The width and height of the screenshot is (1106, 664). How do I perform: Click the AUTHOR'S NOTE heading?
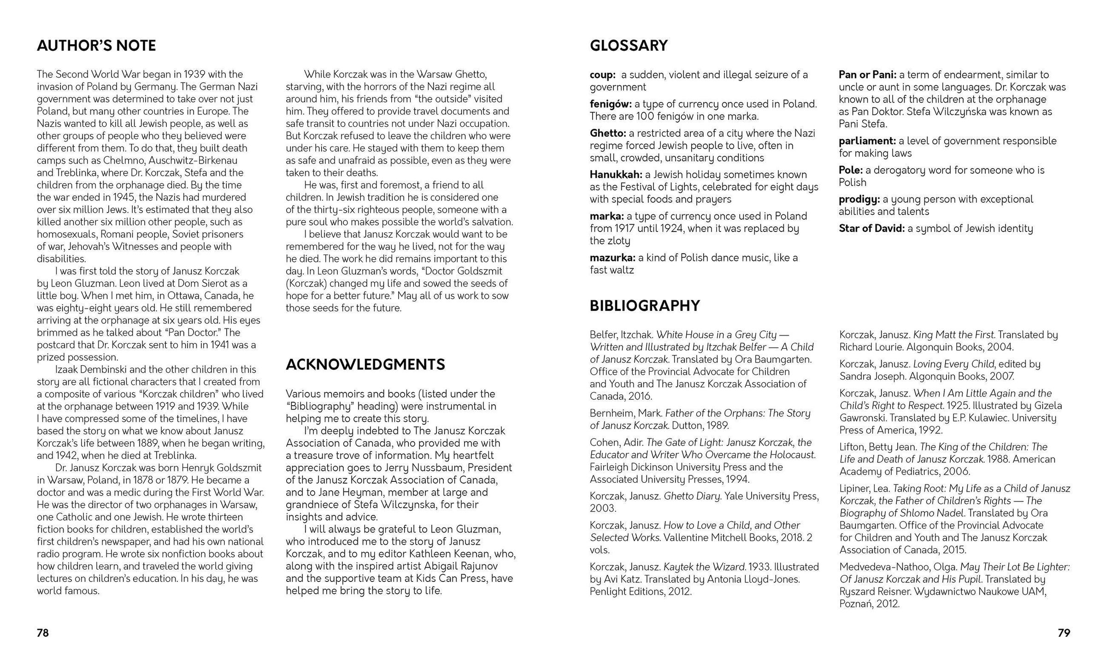[96, 46]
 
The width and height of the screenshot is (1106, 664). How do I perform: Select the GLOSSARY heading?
[629, 46]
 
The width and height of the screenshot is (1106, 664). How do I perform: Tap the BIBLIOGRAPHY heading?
[645, 306]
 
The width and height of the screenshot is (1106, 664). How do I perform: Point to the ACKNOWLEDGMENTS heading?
[365, 365]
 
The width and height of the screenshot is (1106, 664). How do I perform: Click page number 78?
[42, 633]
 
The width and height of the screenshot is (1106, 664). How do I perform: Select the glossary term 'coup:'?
[602, 75]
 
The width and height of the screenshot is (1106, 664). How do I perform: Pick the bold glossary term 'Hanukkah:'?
[616, 175]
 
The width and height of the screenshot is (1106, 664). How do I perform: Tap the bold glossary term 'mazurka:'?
[612, 258]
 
